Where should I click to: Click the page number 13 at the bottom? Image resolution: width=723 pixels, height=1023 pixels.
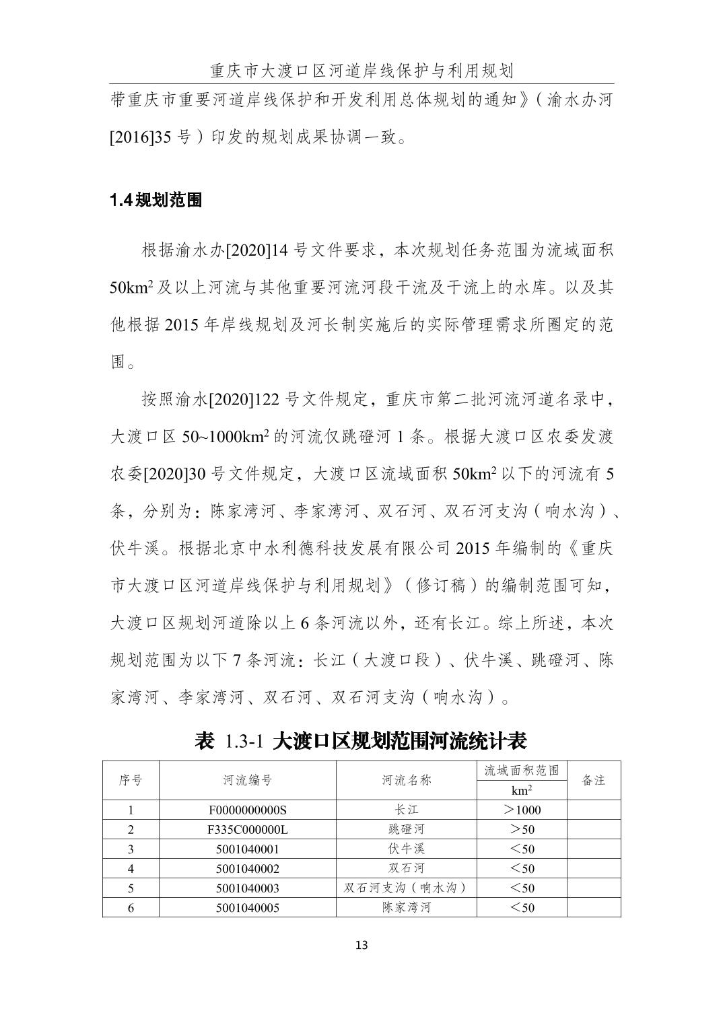[x=361, y=945]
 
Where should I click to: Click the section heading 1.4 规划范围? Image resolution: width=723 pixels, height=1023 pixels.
[x=156, y=200]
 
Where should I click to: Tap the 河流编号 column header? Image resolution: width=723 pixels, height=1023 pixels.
[x=248, y=780]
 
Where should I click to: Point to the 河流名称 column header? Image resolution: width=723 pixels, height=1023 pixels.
[x=406, y=780]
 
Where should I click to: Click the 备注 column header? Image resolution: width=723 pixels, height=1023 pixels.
[x=593, y=780]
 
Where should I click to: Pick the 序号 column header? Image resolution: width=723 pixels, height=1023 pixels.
[x=131, y=780]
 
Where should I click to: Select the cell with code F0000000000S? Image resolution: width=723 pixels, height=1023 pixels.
[x=248, y=810]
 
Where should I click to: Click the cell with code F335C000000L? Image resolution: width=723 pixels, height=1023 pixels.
[x=248, y=829]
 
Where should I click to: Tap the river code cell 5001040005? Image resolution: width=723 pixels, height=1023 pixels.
[x=248, y=908]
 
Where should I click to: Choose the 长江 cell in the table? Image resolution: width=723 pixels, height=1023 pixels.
[x=406, y=810]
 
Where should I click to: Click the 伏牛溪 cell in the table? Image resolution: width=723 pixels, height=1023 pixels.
[x=406, y=849]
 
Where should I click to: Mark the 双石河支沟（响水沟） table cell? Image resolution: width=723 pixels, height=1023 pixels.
[x=406, y=888]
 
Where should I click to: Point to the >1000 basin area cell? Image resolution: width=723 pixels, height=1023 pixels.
[x=522, y=810]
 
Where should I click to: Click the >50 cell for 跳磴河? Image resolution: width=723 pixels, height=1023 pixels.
[x=522, y=829]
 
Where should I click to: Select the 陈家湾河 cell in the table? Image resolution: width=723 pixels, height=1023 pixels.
[x=406, y=908]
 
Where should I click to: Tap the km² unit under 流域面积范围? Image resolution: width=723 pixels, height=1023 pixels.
[x=522, y=791]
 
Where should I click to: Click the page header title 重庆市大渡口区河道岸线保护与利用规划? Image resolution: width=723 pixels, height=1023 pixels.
[x=361, y=71]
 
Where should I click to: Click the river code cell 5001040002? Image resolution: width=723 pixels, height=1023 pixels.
[x=248, y=868]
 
